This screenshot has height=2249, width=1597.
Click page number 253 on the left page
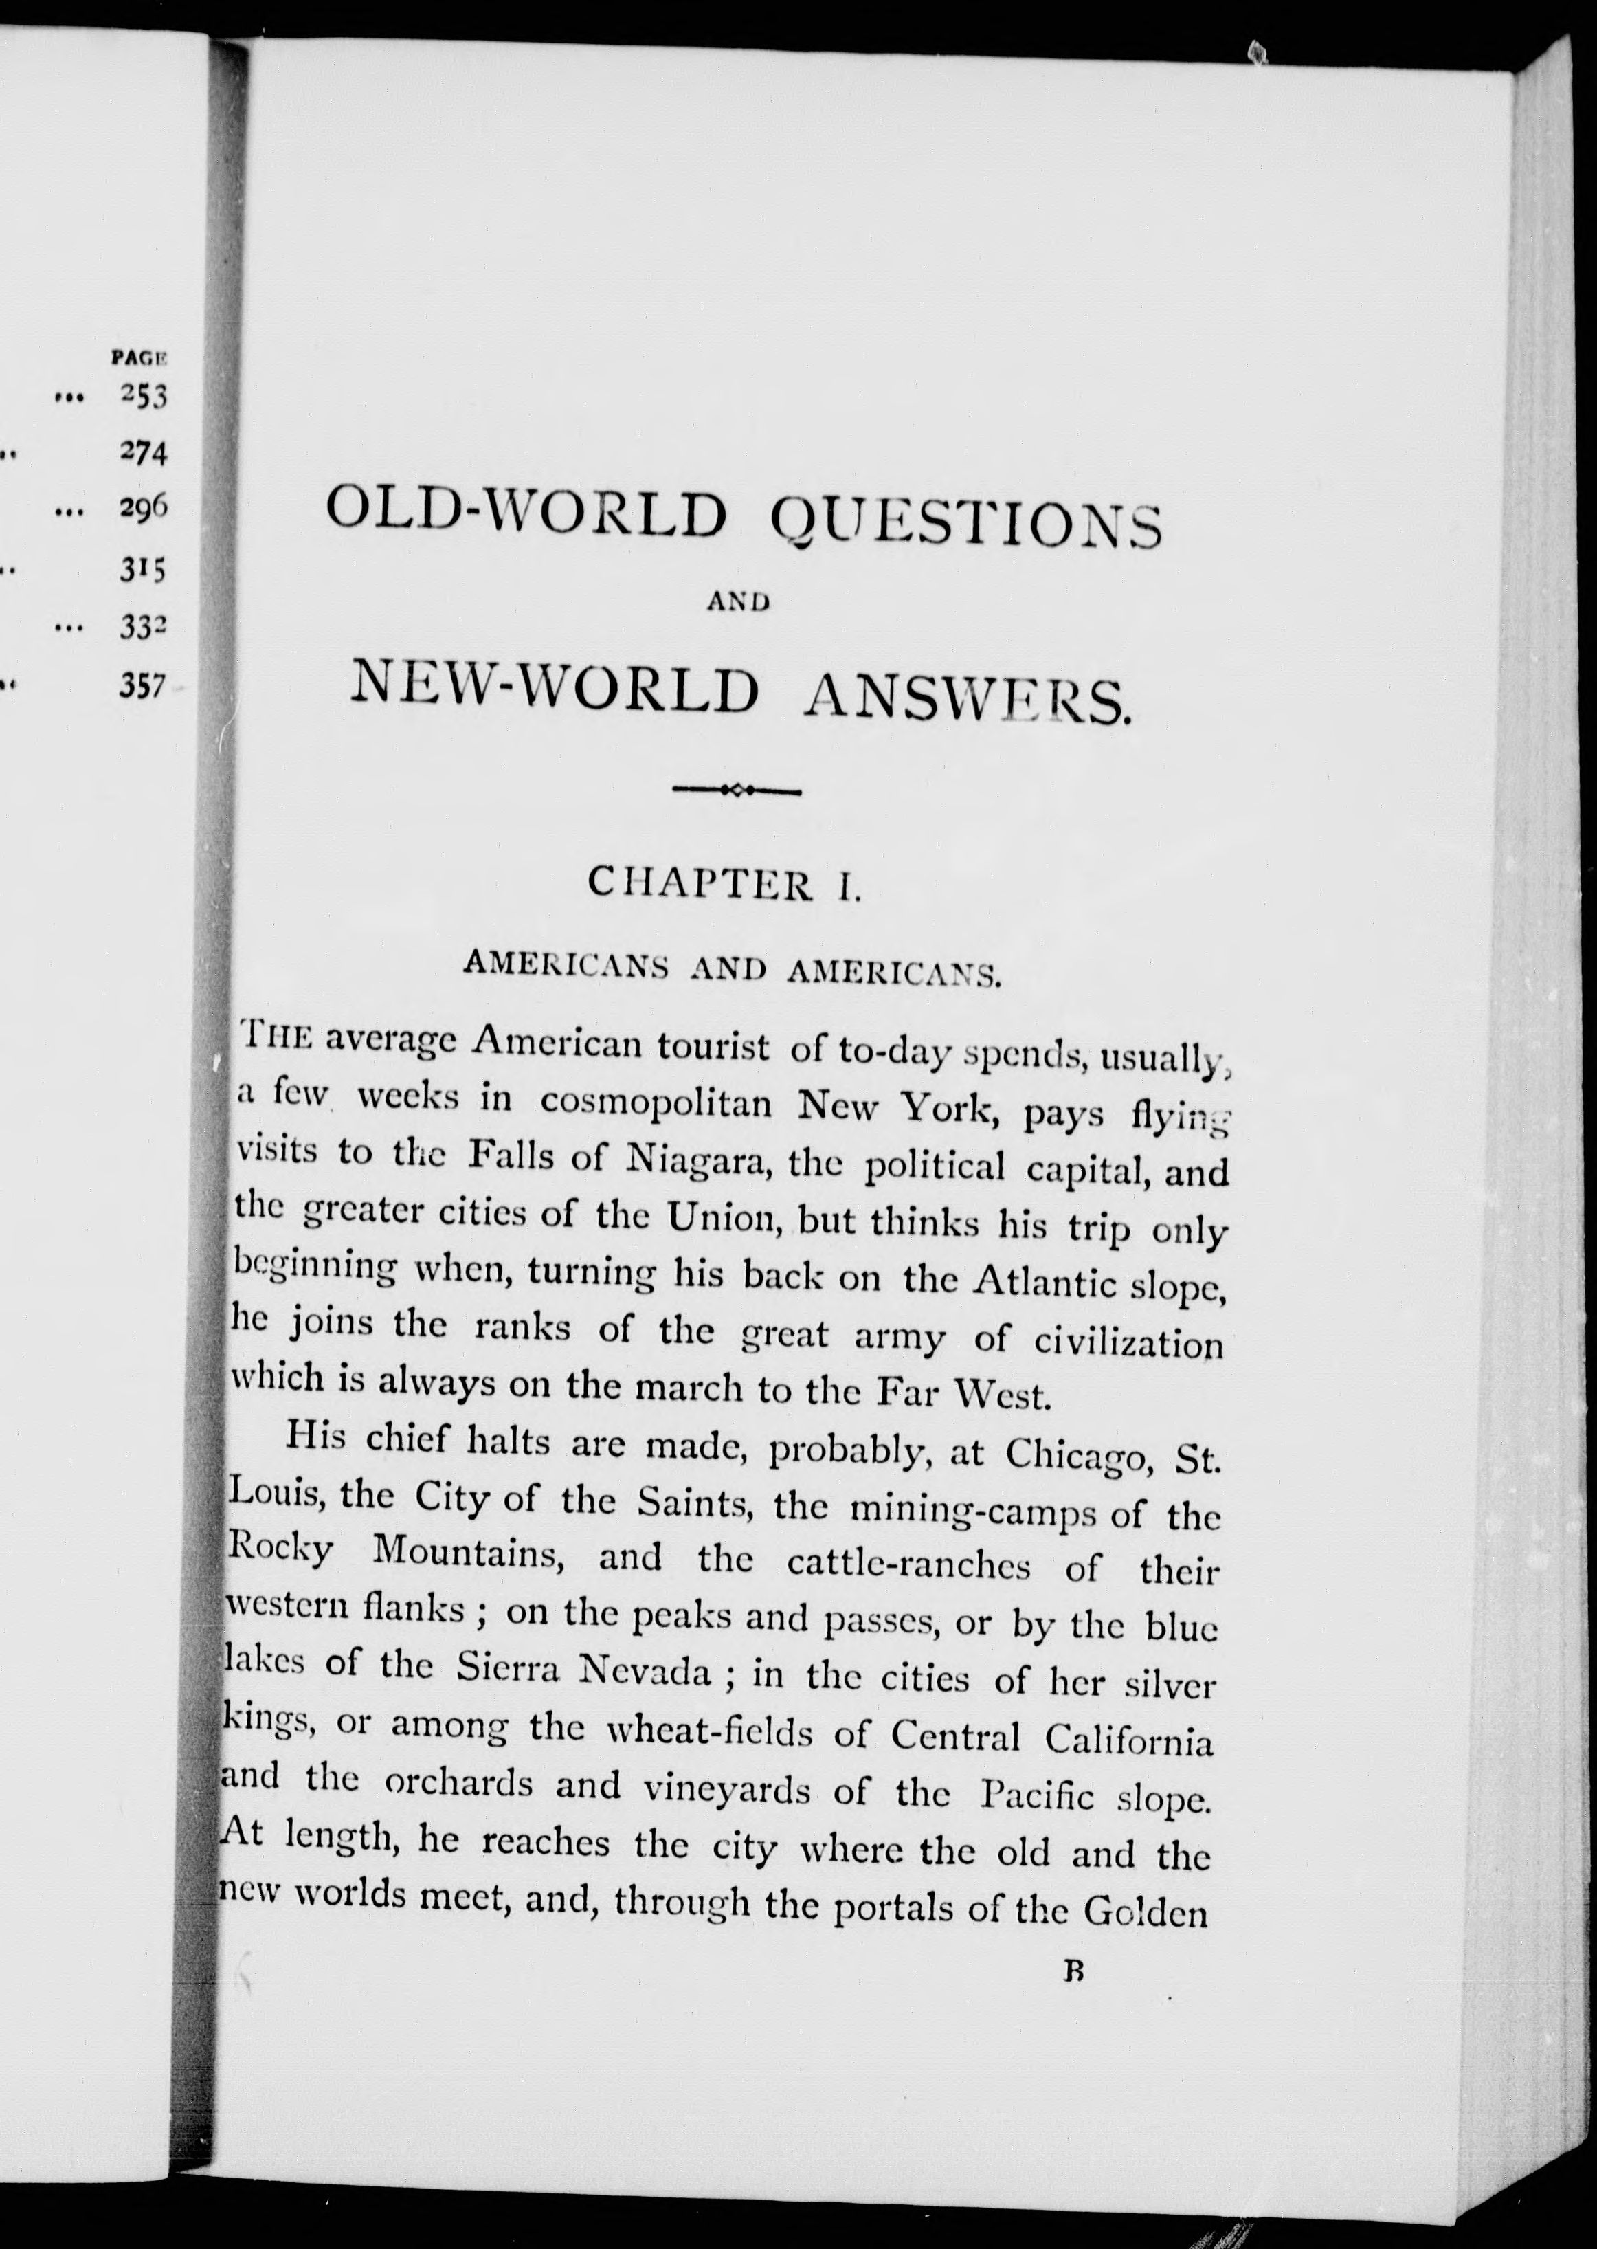click(144, 397)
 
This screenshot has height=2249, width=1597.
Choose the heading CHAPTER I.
click(725, 883)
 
